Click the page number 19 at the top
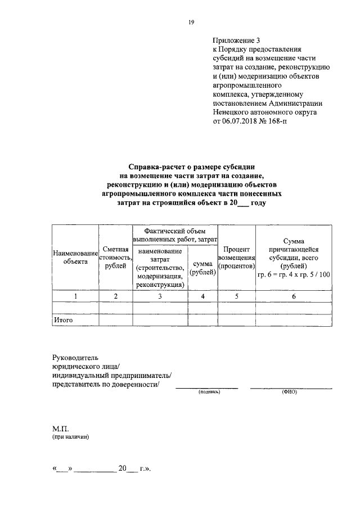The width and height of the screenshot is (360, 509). [191, 22]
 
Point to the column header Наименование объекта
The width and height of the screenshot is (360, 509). [75, 257]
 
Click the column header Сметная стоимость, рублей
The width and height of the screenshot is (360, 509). [115, 257]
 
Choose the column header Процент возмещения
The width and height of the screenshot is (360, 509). [236, 257]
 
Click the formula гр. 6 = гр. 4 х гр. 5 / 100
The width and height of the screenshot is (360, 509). [294, 275]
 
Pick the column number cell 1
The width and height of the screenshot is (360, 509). [75, 296]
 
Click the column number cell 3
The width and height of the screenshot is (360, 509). [160, 296]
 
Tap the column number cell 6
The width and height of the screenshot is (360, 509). [294, 296]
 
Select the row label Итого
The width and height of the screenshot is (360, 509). [64, 320]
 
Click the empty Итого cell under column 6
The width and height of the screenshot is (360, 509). [294, 320]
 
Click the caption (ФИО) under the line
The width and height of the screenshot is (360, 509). [290, 392]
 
